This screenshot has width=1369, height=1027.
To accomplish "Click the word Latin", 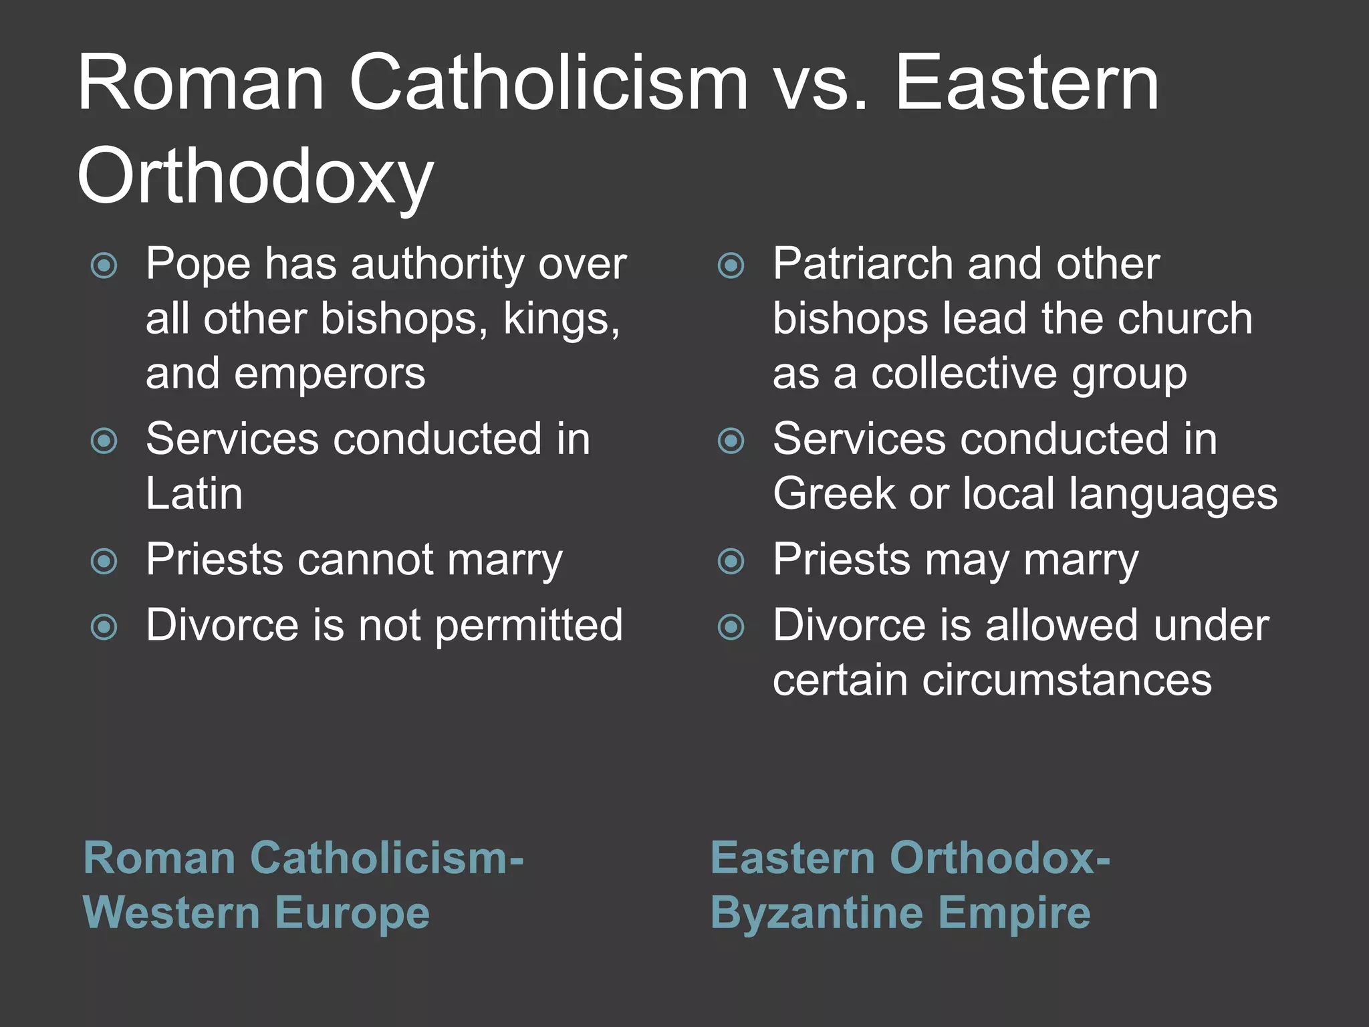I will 194,494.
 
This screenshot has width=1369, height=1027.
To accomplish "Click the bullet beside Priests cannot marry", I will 104,561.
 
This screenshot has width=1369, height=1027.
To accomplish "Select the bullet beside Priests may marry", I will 731,561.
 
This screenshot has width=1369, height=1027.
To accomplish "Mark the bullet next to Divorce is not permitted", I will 104,627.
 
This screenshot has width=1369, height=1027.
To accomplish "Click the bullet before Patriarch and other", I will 731,265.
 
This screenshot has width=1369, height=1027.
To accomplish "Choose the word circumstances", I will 1067,681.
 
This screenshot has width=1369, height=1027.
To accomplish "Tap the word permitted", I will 529,626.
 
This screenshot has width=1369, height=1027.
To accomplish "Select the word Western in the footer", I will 171,913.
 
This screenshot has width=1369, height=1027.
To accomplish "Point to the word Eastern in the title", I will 1027,84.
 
